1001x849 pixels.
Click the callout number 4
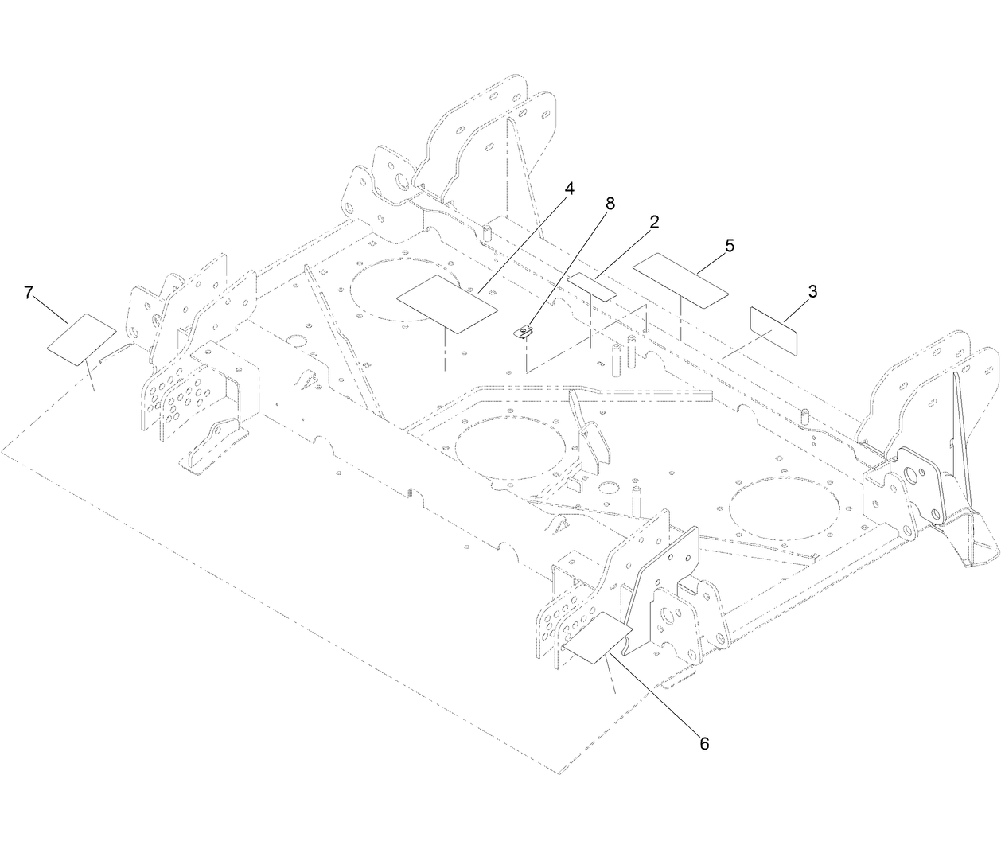pyautogui.click(x=568, y=189)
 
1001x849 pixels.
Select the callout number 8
pyautogui.click(x=610, y=204)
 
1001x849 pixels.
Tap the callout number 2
pyautogui.click(x=654, y=222)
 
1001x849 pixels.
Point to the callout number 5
pyautogui.click(x=729, y=246)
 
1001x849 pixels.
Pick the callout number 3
pyautogui.click(x=812, y=291)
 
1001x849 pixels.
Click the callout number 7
pyautogui.click(x=29, y=293)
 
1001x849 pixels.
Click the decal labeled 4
pyautogui.click(x=446, y=302)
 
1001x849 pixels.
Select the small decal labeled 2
pyautogui.click(x=593, y=285)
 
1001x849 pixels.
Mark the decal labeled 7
pyautogui.click(x=82, y=339)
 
